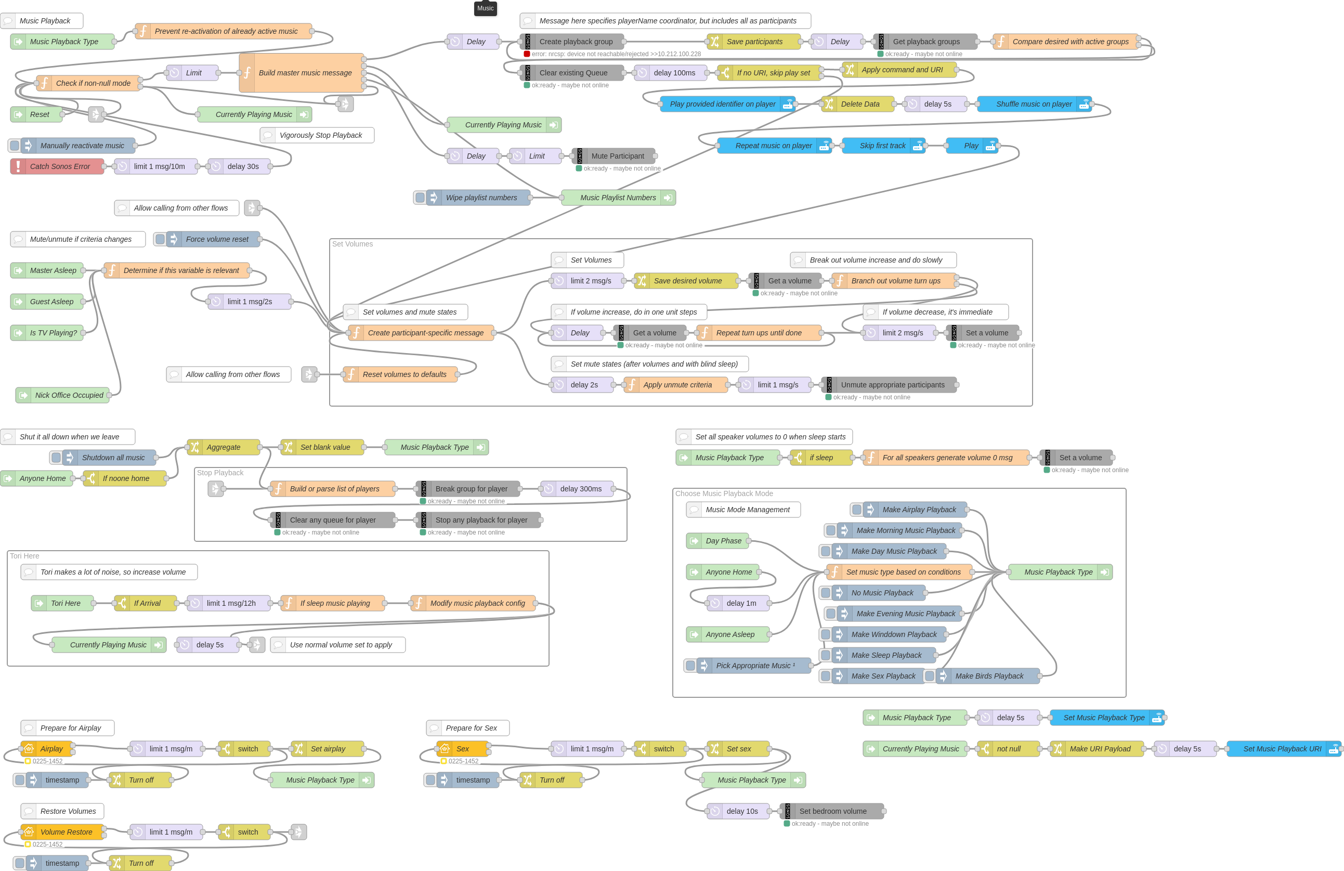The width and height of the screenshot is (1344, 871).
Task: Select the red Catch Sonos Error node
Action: point(59,166)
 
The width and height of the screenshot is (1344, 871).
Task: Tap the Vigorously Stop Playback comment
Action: point(320,136)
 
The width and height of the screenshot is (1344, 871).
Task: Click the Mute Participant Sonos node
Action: point(617,157)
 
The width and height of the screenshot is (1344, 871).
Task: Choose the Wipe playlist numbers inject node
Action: point(480,198)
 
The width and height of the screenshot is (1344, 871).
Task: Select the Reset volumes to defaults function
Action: point(404,374)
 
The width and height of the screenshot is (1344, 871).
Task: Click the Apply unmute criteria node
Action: point(677,385)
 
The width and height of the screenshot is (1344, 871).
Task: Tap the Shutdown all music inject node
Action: point(112,458)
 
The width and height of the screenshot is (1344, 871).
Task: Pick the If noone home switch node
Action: point(125,478)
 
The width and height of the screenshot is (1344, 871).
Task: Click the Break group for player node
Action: point(471,489)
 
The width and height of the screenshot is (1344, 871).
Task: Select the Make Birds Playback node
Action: point(988,676)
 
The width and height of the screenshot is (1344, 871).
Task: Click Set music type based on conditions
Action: point(903,572)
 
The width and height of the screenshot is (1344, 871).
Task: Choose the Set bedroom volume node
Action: point(832,811)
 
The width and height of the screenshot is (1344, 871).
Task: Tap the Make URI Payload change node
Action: point(1100,749)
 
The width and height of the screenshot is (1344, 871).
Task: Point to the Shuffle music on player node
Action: point(1033,104)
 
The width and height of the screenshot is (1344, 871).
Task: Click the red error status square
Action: point(526,54)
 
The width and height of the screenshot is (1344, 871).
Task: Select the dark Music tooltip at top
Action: point(485,8)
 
